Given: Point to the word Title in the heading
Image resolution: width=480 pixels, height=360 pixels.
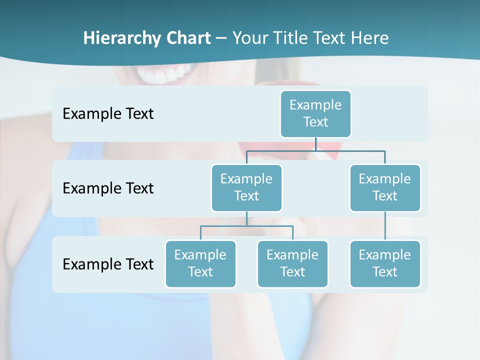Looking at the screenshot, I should (x=294, y=38).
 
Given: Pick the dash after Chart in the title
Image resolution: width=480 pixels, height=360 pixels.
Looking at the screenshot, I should (x=221, y=39).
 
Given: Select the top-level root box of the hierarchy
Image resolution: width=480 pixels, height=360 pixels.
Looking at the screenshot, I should (x=315, y=113).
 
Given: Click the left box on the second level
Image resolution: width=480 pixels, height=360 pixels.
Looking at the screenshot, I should (x=246, y=187).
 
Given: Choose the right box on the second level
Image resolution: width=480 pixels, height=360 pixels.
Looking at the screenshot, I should (x=385, y=187).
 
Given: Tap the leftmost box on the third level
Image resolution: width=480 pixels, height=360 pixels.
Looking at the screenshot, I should (x=200, y=263).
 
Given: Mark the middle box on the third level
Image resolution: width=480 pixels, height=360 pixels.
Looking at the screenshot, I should (x=292, y=263).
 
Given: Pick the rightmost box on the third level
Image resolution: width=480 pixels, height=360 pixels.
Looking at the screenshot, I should (x=385, y=263).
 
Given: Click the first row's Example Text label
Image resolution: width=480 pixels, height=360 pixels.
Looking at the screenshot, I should (x=108, y=113).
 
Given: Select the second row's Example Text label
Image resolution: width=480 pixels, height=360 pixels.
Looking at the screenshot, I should (x=108, y=188).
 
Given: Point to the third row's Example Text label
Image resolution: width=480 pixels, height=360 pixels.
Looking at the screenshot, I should (x=108, y=264).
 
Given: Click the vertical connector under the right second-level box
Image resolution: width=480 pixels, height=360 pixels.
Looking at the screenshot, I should (x=385, y=226).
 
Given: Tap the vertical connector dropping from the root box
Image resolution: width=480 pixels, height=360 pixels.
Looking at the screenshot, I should (x=315, y=144).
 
